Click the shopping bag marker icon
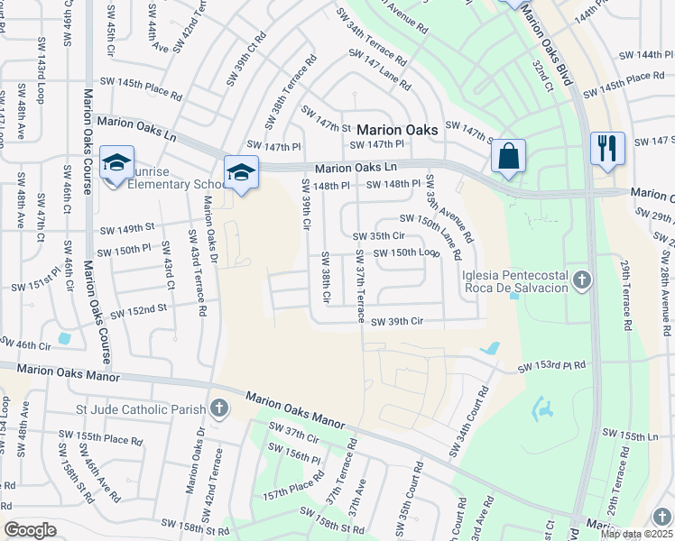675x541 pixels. [509, 155]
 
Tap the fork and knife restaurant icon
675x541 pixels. [606, 147]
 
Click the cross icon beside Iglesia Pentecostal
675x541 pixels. [582, 280]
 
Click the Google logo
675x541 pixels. [31, 530]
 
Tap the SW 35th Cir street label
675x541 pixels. [398, 236]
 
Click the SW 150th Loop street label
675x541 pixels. [402, 252]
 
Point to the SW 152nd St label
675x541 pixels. [139, 310]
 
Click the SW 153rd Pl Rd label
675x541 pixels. [551, 366]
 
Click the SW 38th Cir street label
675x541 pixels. [326, 277]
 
